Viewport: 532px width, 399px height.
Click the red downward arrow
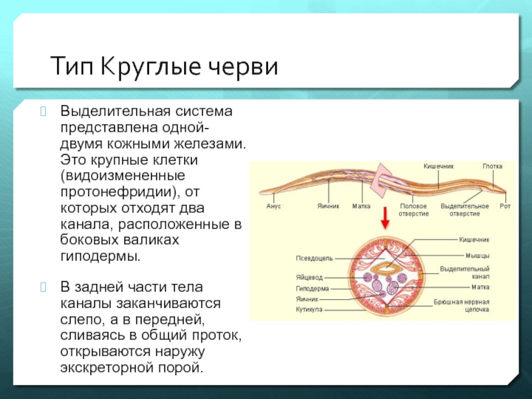click(x=384, y=217)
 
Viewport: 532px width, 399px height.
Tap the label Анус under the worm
click(x=273, y=207)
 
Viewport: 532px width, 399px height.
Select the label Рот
click(x=505, y=207)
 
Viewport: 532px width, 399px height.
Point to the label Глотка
click(x=493, y=165)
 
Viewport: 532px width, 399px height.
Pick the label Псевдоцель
click(x=315, y=257)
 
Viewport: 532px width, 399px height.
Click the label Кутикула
click(x=309, y=310)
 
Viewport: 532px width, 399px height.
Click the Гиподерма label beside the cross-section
click(x=312, y=289)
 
